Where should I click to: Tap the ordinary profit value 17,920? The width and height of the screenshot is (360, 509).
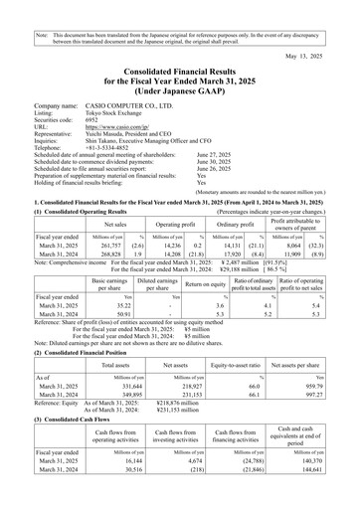coord(234,254)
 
